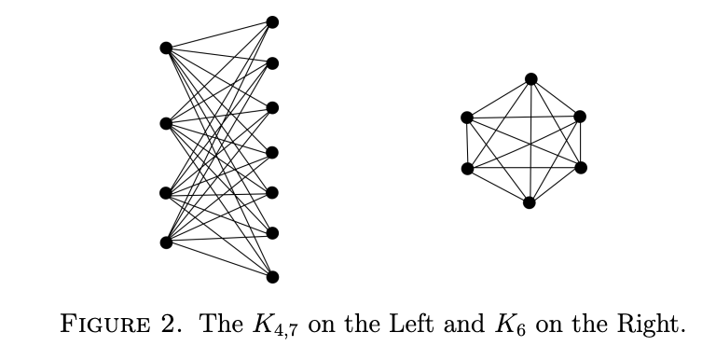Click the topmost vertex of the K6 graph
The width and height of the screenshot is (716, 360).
coord(530,78)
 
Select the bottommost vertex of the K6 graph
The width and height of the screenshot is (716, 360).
coord(530,202)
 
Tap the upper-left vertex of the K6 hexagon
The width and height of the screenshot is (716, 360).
coord(466,117)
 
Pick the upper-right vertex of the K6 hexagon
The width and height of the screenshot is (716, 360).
coord(580,117)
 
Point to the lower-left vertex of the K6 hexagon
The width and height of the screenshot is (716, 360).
coord(466,169)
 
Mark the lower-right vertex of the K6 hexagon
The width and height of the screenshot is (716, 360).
coord(580,168)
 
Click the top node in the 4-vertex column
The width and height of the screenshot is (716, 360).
coord(166,48)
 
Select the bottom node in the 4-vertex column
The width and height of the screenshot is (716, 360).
coord(166,242)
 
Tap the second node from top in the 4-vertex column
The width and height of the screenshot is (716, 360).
coord(166,123)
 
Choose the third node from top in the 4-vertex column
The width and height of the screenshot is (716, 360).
coord(166,193)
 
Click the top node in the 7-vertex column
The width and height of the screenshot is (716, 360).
coord(272,21)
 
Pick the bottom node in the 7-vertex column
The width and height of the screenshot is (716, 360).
coord(272,276)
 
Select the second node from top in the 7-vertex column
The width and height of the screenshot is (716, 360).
coord(272,63)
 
